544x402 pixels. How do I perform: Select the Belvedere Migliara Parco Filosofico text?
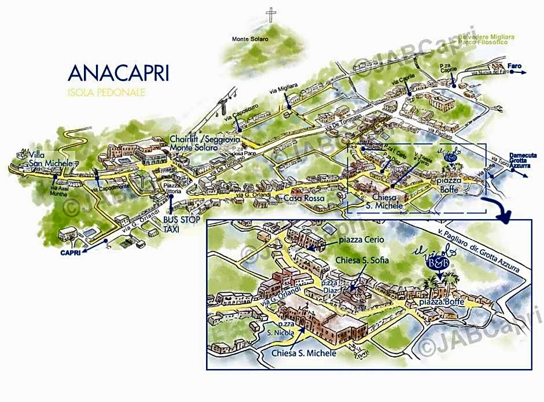click(x=483, y=39)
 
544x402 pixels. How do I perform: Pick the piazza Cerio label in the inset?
click(x=362, y=241)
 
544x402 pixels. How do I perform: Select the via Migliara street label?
click(x=283, y=91)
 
